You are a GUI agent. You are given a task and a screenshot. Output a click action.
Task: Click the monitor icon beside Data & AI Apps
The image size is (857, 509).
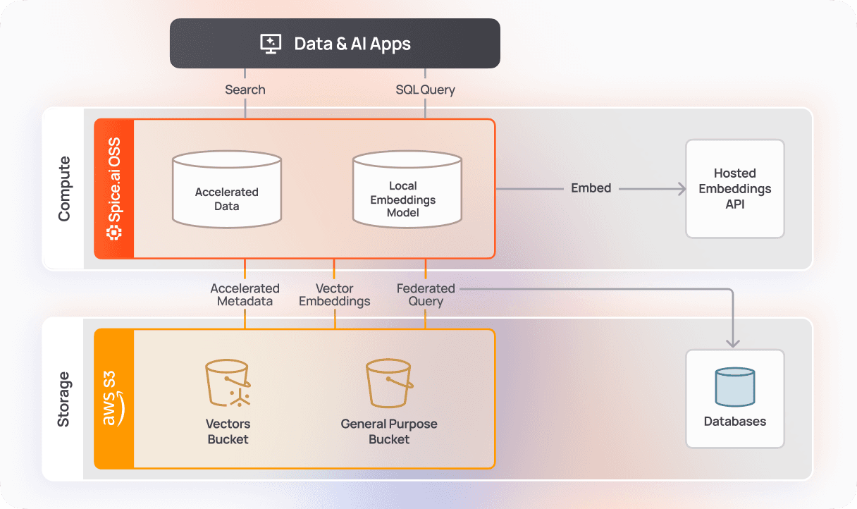271,44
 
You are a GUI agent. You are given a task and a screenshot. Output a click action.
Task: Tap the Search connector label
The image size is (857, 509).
245,90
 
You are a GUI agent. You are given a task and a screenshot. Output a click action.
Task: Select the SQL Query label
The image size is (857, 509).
425,90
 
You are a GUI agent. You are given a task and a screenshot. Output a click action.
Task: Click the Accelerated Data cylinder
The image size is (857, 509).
227,190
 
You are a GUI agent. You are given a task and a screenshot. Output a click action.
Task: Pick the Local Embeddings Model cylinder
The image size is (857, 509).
407,190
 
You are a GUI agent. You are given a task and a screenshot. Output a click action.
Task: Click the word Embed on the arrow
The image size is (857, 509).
591,188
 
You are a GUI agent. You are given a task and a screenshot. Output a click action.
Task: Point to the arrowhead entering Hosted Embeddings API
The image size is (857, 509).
681,188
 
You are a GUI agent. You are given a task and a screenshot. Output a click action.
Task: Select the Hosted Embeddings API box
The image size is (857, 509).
735,188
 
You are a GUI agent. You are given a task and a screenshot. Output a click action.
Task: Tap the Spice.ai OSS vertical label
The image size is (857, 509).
114,188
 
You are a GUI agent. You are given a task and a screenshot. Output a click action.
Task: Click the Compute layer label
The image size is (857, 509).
64,188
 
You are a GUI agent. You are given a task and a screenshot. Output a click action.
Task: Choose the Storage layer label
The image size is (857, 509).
64,398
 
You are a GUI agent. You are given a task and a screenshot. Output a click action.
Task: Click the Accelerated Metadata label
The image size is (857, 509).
245,295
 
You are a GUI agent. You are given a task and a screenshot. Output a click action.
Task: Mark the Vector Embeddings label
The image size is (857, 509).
335,295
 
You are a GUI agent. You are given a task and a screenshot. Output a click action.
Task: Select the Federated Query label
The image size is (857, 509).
426,295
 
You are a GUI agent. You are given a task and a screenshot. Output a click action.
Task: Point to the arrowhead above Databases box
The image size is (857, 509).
733,342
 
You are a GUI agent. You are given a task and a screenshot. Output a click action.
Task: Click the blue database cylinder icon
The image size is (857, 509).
735,387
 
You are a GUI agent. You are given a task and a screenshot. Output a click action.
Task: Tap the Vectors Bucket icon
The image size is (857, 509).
228,384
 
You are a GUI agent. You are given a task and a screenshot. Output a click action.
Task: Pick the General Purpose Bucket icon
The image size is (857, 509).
389,384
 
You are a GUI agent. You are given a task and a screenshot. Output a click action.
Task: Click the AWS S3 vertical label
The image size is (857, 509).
114,398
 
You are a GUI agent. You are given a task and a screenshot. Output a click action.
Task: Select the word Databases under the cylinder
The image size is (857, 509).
735,422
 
